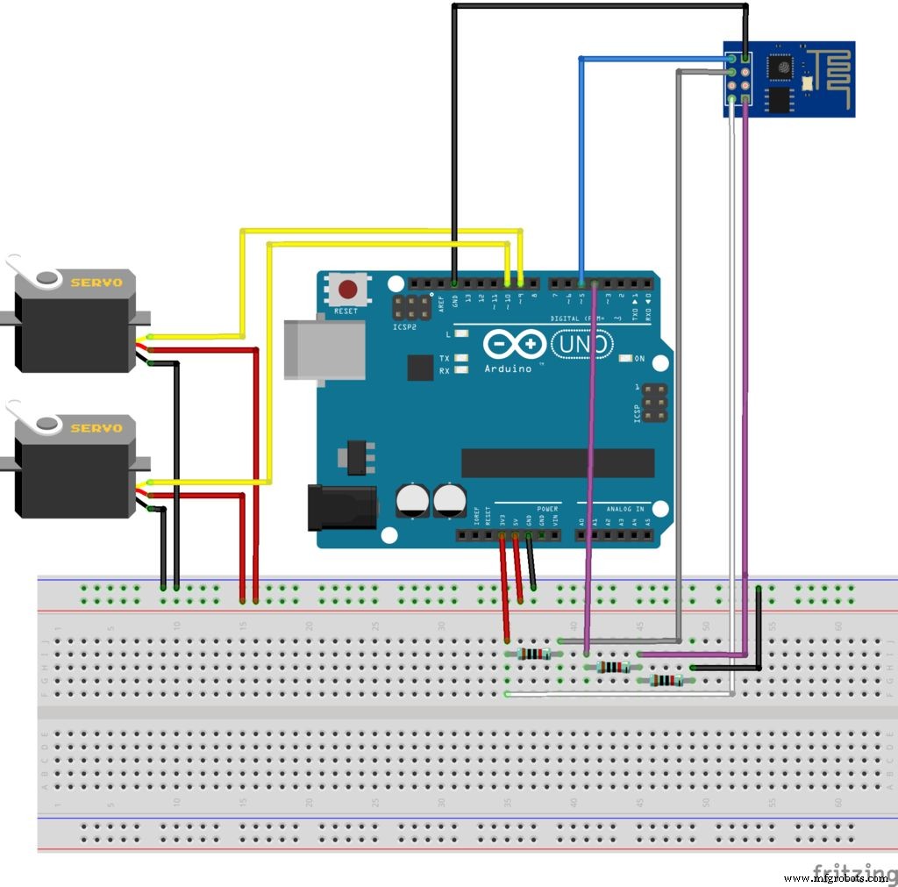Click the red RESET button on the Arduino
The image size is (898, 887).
[x=348, y=289]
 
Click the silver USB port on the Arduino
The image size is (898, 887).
[x=324, y=349]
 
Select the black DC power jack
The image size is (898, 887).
[x=341, y=508]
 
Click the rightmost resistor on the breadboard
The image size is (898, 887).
[x=666, y=680]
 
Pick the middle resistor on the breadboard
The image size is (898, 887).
[x=612, y=667]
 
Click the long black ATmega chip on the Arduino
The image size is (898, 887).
[x=558, y=463]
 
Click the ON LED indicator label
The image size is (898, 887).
[x=639, y=358]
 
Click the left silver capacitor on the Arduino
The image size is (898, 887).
[x=412, y=500]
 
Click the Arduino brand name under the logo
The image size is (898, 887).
[x=508, y=368]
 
